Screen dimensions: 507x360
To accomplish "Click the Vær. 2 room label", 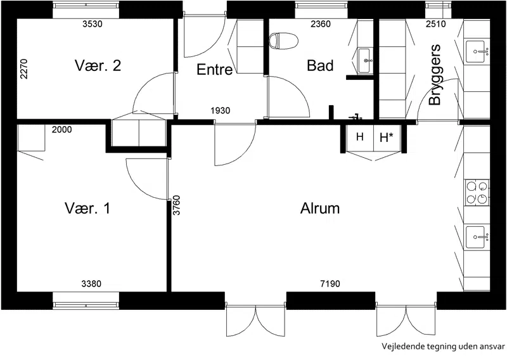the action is pos(98,65).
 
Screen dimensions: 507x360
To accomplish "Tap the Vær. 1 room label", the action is pos(87,208).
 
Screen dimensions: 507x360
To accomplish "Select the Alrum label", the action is pos(320,209).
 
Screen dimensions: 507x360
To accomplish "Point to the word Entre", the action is pos(214,70).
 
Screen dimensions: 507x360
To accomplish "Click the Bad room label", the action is pos(320,65).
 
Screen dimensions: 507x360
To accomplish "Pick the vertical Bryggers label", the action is pos(435,74).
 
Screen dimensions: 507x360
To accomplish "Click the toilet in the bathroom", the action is pos(283,41).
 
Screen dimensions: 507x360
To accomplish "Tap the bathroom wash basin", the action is pos(365,60).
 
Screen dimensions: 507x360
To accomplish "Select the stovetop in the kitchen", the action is pos(477,193).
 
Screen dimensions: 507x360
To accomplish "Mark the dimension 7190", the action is pos(330,284).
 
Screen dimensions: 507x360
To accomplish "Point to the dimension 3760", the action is pos(177,205).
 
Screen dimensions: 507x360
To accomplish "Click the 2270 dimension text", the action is pos(24,68).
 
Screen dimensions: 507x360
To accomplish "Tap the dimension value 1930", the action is pos(220,111).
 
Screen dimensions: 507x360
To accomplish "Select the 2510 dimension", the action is pos(435,24).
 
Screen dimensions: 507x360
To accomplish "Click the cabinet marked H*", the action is pos(387,138).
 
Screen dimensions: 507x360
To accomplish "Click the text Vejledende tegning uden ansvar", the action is pos(443,347).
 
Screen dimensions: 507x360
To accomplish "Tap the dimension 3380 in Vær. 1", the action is pos(91,284).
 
